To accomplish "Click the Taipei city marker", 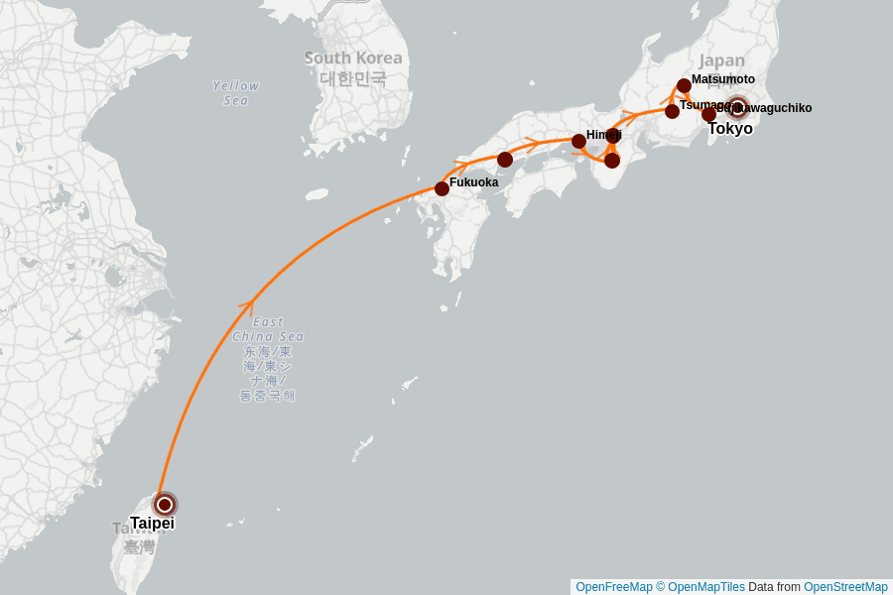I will pos(165,505).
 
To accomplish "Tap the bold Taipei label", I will pos(152,523).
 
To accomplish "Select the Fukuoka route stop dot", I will pos(442,188).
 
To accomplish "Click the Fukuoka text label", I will pos(473,182).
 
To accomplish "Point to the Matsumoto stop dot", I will pos(684,86).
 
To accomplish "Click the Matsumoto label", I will pos(722,79).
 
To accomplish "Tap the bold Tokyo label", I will pos(730,128).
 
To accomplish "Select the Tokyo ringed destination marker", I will pos(736,108).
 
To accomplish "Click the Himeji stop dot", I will pos(578,141).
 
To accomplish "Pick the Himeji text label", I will pos(603,135).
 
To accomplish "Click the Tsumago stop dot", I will pos(672,111).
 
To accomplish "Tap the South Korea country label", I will pos(353,59).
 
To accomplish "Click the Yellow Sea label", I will pos(236,92).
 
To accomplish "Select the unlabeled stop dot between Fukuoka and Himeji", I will pos(505,160).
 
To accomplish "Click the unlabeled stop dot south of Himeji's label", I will pos(612,160).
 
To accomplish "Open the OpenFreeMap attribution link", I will pos(613,587).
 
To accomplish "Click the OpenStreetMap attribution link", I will pos(844,587).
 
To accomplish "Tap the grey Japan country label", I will pos(721,60).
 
